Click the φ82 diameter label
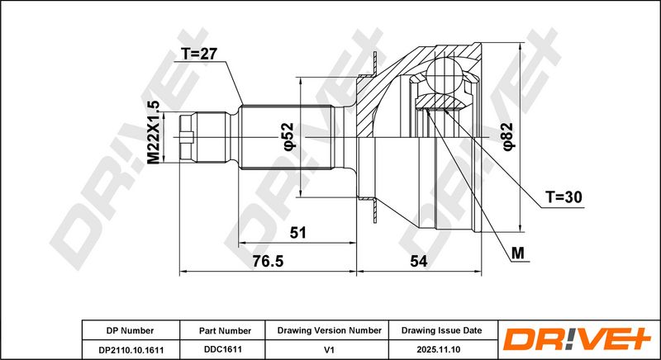tap(508, 135)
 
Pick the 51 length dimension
tap(297, 233)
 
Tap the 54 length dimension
tap(417, 261)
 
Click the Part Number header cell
tap(219, 330)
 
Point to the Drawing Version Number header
tap(329, 330)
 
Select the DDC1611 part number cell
tap(219, 348)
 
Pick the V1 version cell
tap(329, 348)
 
